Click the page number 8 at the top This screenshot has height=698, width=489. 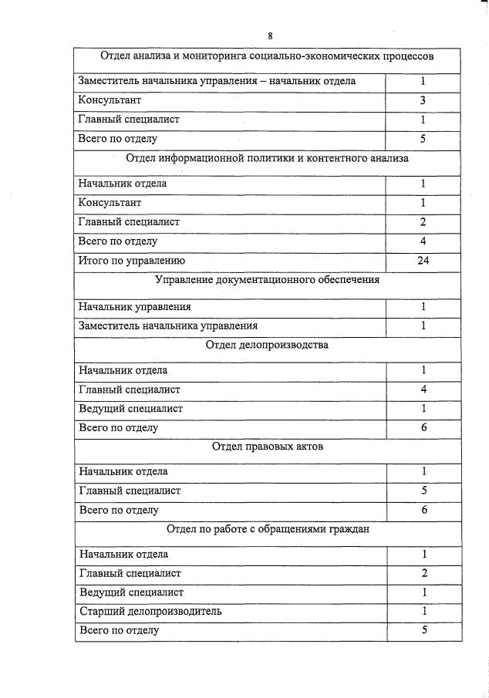tap(270, 36)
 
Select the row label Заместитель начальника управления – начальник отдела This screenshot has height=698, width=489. tap(217, 81)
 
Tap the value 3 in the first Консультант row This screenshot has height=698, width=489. tap(423, 100)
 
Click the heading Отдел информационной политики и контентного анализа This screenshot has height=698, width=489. tap(267, 159)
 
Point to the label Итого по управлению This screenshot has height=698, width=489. tap(132, 261)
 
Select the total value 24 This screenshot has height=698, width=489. tap(423, 261)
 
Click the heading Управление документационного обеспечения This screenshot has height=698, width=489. tap(267, 280)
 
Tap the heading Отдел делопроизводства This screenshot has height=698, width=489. tap(267, 345)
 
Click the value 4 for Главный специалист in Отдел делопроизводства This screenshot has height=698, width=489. tap(423, 389)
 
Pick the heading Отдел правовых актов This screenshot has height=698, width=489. tap(267, 447)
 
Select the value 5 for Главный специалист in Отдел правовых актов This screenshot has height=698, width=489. tap(423, 491)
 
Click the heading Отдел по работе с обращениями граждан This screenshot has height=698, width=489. tap(267, 529)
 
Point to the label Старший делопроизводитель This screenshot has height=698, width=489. tap(150, 612)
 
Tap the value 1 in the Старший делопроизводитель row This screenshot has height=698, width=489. tap(423, 612)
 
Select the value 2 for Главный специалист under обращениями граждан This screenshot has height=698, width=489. tap(423, 573)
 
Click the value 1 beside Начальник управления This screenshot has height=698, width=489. tap(423, 307)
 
